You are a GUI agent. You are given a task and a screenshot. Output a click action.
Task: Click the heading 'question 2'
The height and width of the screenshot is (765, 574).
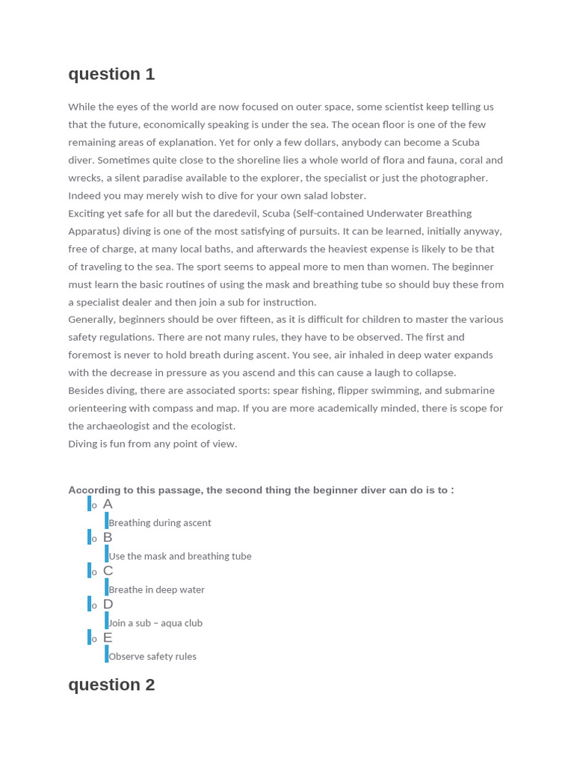tap(111, 684)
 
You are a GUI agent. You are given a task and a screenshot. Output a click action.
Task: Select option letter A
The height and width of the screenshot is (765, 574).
tap(108, 504)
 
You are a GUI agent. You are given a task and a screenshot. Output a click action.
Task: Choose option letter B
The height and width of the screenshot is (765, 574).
tap(108, 538)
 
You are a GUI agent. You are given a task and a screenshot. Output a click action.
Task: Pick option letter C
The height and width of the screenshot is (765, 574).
tap(108, 571)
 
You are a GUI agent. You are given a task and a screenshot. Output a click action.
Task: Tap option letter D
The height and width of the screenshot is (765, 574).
tap(108, 604)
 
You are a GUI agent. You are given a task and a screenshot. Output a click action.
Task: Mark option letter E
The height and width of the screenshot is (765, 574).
tap(108, 638)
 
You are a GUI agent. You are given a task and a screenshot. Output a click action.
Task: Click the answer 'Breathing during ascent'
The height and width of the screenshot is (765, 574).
tap(160, 523)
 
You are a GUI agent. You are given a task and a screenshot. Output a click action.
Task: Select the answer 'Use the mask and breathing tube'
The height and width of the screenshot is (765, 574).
tap(180, 557)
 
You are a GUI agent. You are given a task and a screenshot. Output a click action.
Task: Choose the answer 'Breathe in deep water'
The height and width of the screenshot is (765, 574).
tap(156, 589)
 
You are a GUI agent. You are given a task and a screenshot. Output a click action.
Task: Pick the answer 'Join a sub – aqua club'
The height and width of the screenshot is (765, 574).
tap(155, 623)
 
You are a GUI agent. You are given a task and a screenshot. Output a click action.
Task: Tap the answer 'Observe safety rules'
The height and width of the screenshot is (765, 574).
tap(152, 657)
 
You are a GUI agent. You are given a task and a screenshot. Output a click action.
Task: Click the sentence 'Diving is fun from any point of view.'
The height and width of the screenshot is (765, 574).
tap(152, 444)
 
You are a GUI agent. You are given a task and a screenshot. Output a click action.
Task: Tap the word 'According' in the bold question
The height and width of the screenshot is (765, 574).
tap(93, 490)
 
